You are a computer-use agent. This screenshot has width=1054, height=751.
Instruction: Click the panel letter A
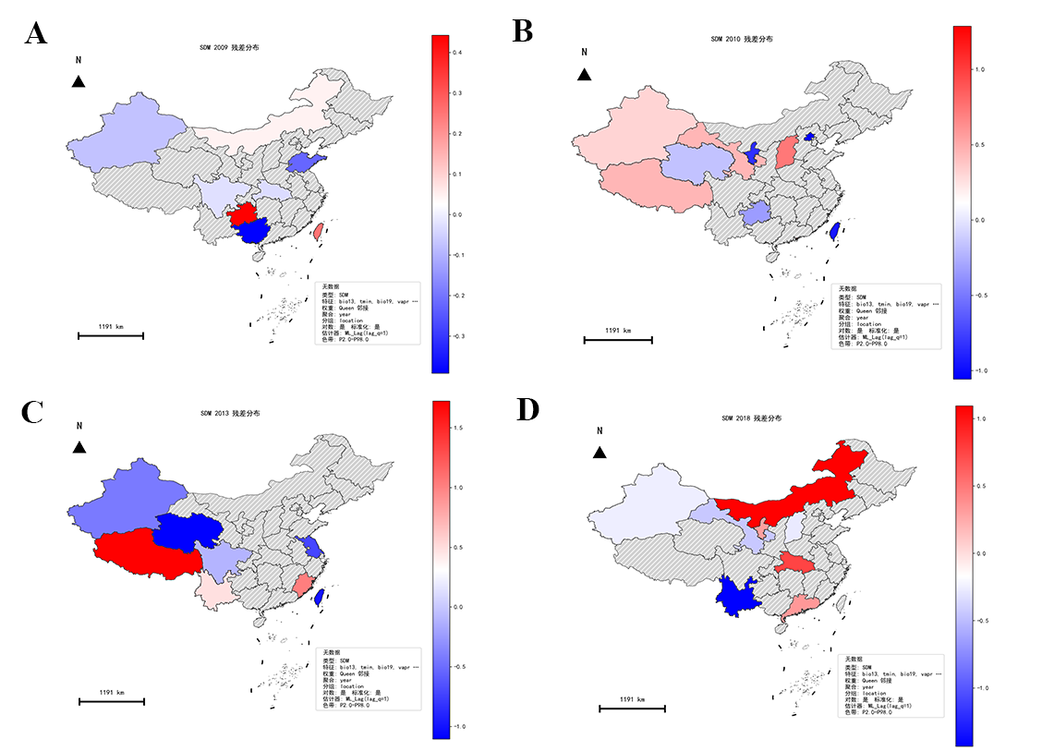tap(36, 34)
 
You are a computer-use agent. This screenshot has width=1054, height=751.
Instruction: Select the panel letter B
tap(522, 32)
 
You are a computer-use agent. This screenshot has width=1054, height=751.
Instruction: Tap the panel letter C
tap(32, 412)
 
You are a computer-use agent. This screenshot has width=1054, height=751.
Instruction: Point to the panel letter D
tap(527, 409)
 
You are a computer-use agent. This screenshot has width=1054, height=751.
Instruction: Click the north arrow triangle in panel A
tap(79, 82)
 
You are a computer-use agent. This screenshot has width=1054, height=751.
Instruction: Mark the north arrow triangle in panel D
tap(600, 452)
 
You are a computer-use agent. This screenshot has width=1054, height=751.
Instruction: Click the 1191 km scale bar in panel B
tap(618, 340)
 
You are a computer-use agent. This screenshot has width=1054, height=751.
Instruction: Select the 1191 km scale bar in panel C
tap(112, 702)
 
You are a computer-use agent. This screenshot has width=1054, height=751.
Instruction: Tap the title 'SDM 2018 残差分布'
tap(752, 418)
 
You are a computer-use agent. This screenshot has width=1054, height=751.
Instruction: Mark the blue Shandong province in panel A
tap(303, 164)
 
